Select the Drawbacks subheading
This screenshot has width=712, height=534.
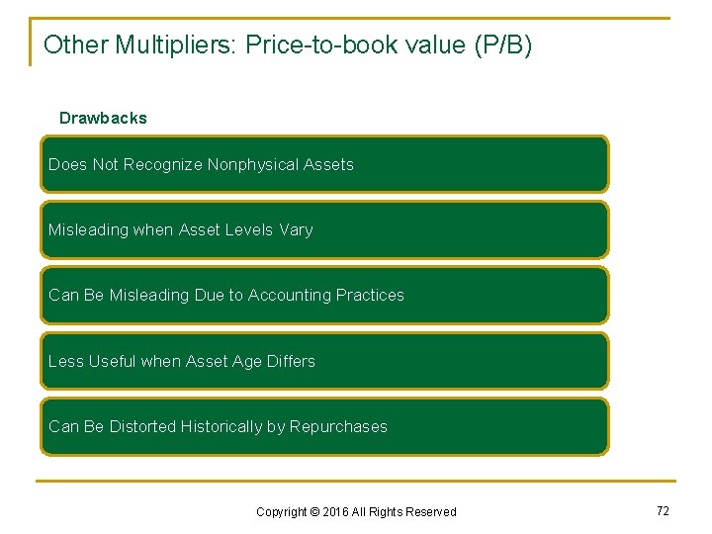point(103,118)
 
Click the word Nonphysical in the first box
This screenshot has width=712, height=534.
point(247,164)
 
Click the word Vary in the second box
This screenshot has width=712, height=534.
point(296,229)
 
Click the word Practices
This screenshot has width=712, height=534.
point(370,295)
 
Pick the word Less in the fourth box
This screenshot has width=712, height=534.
point(65,361)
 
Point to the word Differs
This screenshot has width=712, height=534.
point(291,361)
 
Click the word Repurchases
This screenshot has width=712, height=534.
point(338,426)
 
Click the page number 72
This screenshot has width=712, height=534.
point(663,510)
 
